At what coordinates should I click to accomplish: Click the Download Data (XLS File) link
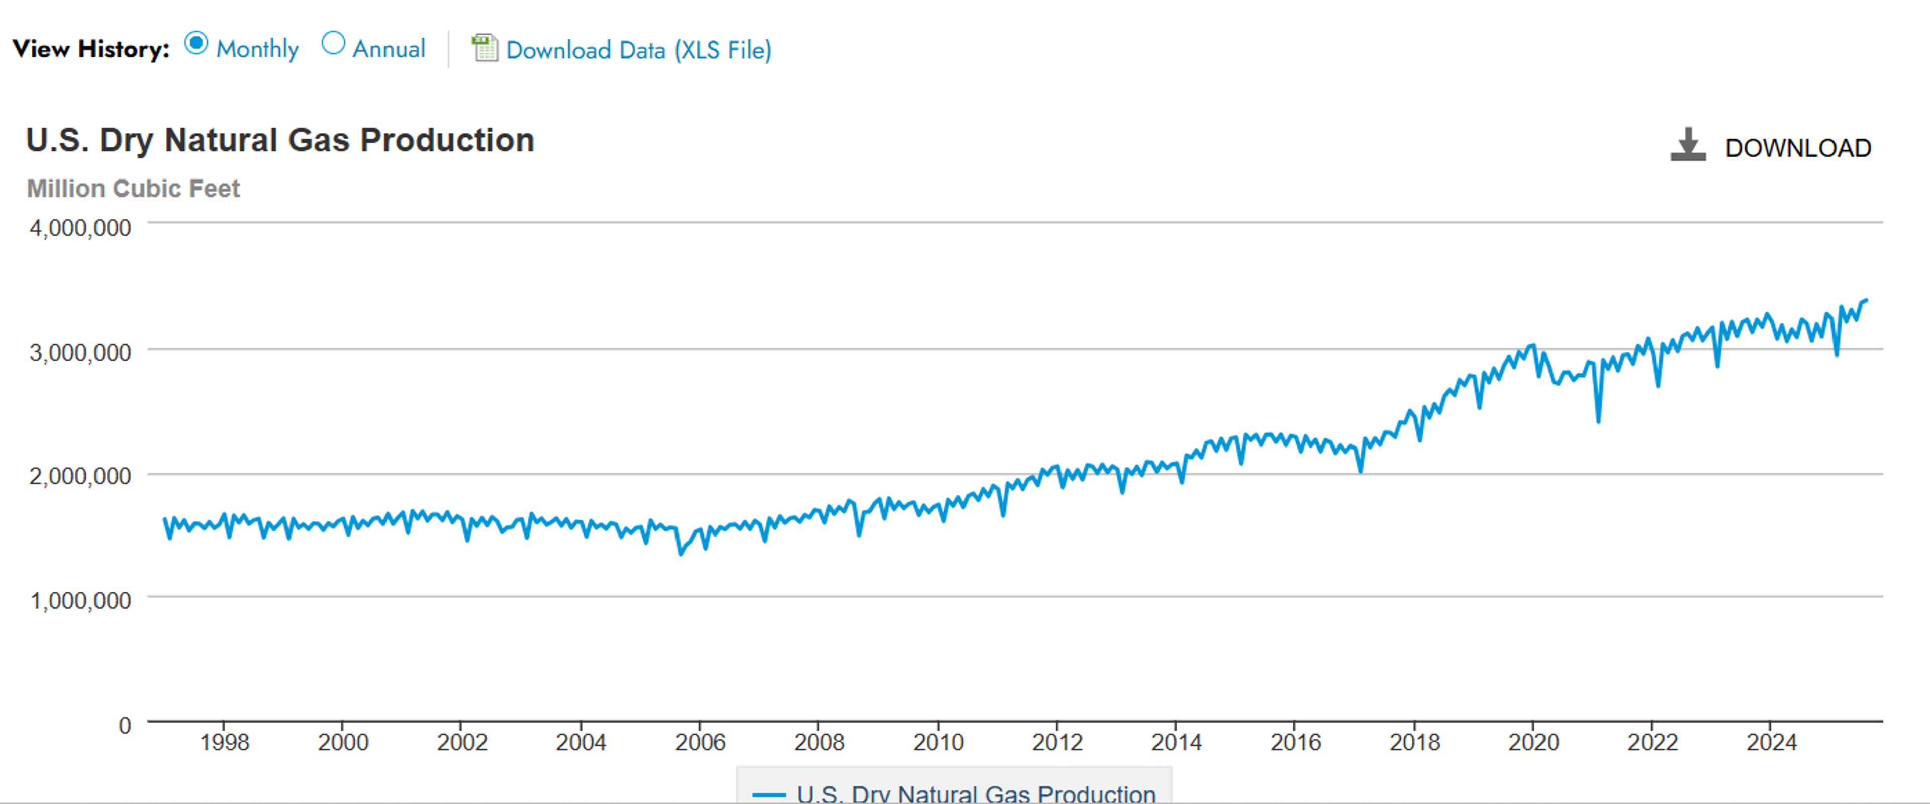[638, 50]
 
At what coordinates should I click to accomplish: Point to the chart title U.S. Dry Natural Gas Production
[280, 140]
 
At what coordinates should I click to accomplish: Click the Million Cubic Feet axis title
[133, 188]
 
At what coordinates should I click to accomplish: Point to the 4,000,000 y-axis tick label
[80, 228]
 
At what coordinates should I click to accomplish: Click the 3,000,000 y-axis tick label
[80, 352]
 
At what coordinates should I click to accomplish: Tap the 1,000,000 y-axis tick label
[80, 600]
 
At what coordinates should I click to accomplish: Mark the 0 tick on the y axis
[124, 725]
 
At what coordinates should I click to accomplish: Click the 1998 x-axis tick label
[224, 742]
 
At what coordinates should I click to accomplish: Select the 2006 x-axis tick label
[700, 742]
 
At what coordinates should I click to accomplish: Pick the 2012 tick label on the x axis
[1056, 742]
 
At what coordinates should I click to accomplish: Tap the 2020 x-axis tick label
[1533, 742]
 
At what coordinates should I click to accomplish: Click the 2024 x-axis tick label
[1771, 742]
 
